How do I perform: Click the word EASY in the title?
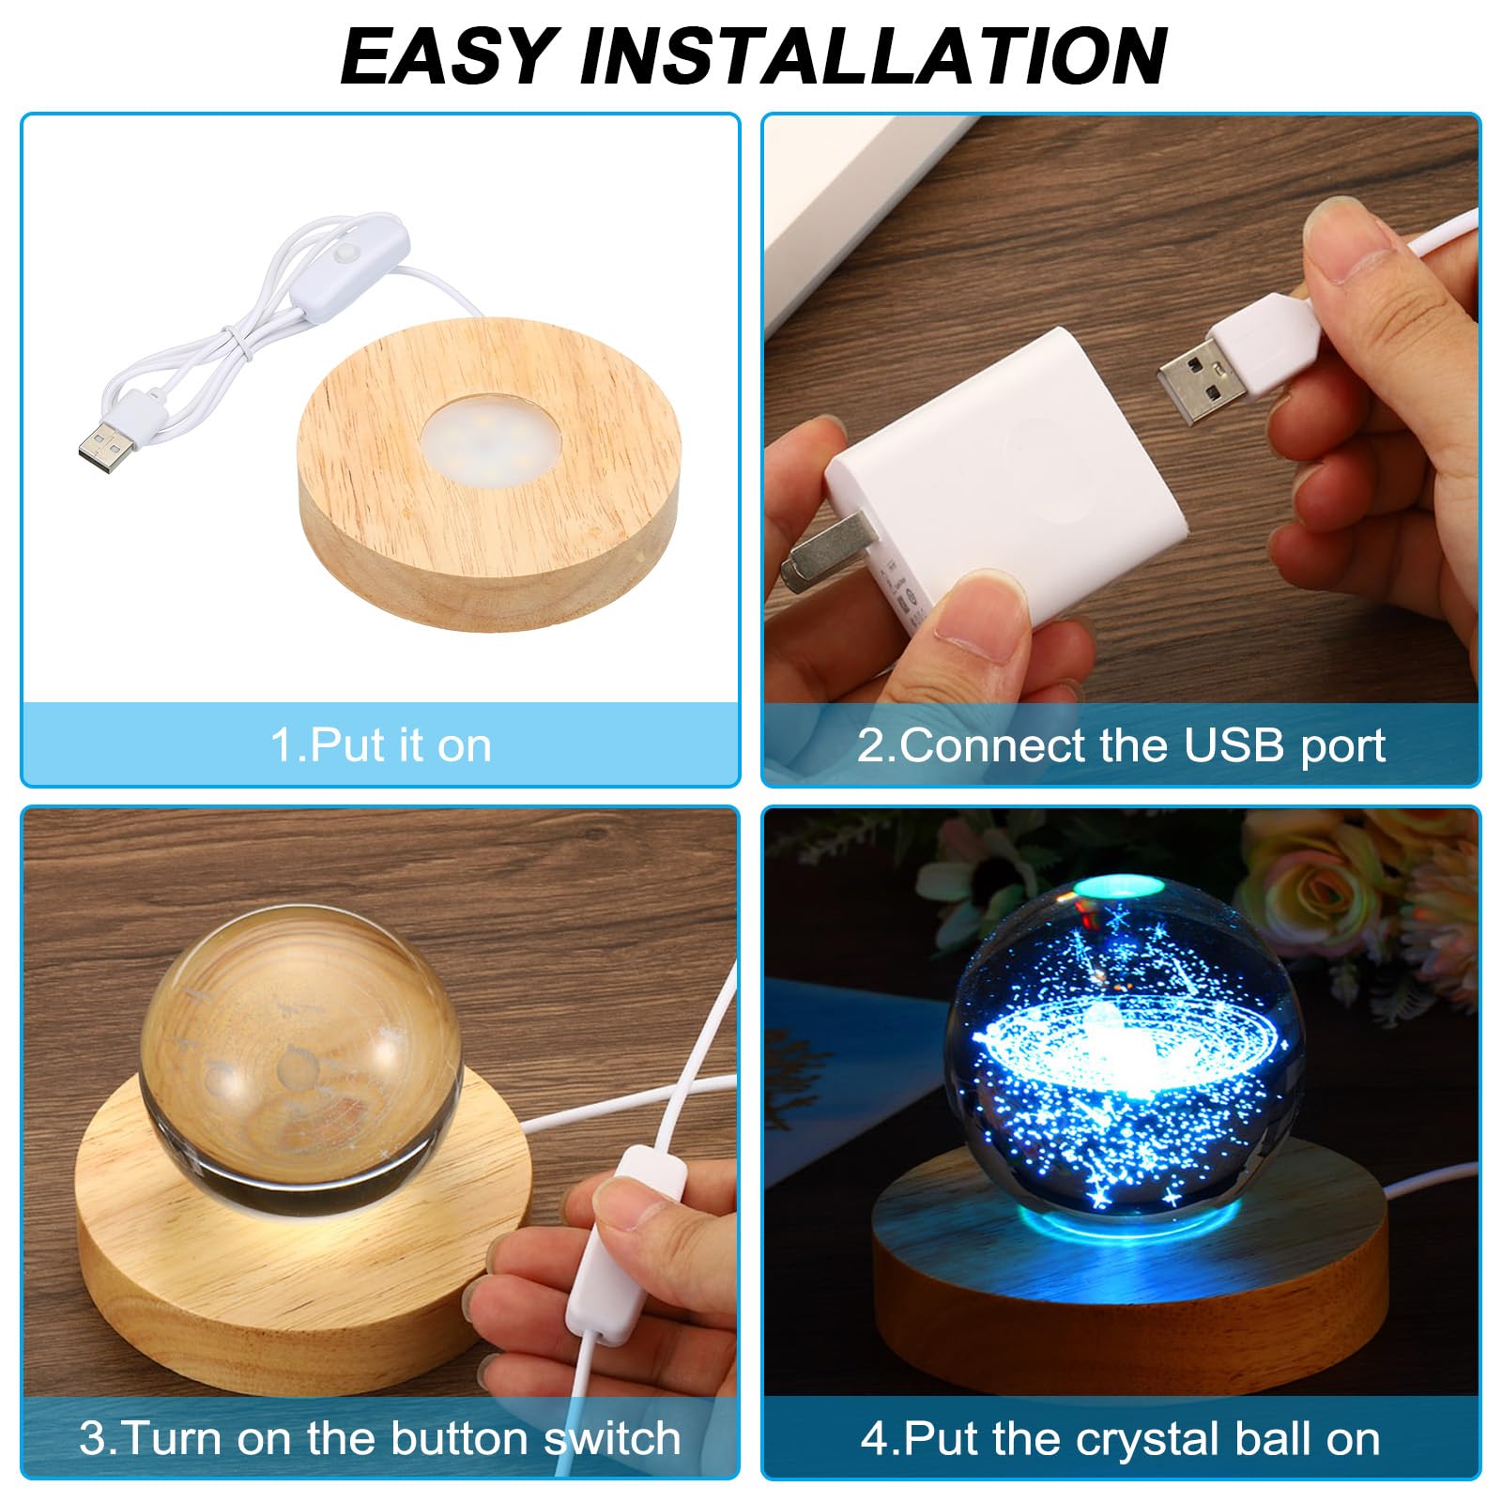tap(450, 55)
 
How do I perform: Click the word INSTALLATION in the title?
tap(874, 55)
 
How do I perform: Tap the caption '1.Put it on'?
tap(380, 745)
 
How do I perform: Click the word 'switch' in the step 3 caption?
tap(612, 1438)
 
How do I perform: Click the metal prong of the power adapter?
tap(826, 559)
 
